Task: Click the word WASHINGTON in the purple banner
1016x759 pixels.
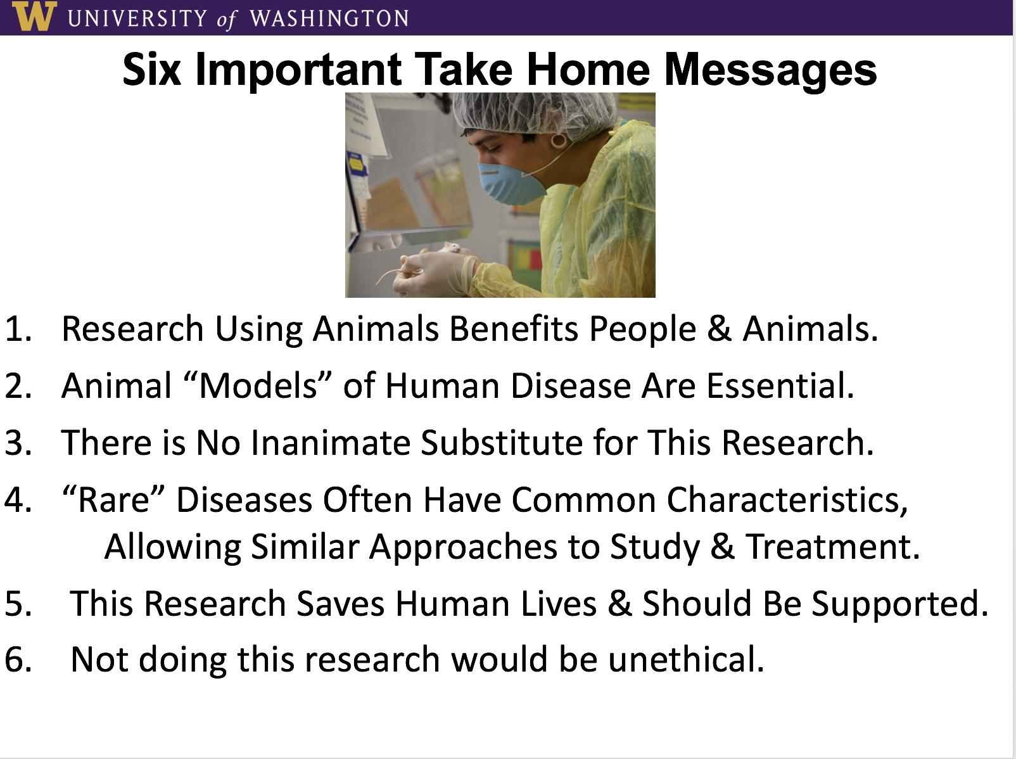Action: coord(329,18)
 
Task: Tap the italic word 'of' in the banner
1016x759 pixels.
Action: coord(227,20)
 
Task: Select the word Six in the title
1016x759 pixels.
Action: coord(152,70)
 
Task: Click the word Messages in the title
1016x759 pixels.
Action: coord(770,70)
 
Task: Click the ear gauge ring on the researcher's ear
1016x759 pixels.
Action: coord(558,140)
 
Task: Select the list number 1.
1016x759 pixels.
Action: coord(18,329)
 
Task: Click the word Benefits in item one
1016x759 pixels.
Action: coord(514,329)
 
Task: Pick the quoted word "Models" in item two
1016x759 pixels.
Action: coord(258,385)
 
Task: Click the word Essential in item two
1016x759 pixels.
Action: coord(780,385)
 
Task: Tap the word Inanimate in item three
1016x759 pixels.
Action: coord(331,442)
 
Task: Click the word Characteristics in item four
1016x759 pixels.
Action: coord(787,501)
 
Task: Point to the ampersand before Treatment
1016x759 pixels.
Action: coord(722,547)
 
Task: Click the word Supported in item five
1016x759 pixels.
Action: coord(900,604)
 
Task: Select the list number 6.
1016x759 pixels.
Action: coord(18,660)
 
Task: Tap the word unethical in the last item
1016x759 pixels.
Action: coord(686,659)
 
